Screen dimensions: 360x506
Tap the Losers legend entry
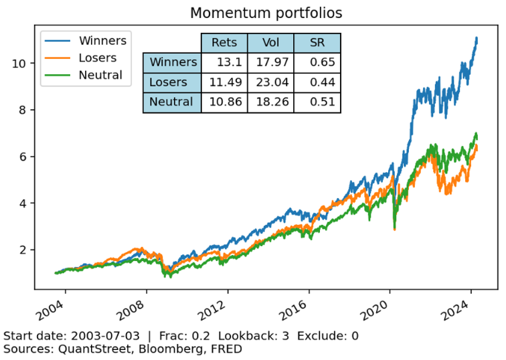[x=98, y=58]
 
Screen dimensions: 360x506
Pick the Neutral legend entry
[x=100, y=75]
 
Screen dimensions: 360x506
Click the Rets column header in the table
[x=224, y=43]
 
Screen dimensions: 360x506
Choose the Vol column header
[x=270, y=43]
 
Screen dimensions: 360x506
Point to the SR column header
[x=317, y=43]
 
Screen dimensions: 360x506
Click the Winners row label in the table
[x=173, y=62]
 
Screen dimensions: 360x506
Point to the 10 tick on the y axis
[x=19, y=64]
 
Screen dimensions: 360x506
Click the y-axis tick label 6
[x=22, y=157]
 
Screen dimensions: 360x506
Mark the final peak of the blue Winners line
[x=477, y=38]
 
